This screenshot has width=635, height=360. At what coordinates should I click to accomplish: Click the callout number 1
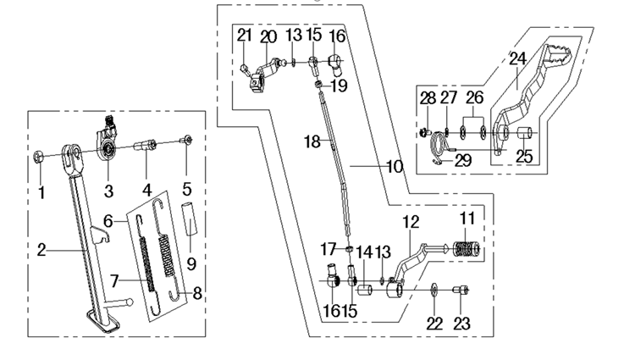tap(41, 193)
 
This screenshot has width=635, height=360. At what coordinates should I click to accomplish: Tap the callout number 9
tap(191, 264)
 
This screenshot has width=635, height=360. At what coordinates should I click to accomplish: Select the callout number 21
tap(244, 36)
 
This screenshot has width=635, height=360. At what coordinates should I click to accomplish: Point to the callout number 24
tap(517, 58)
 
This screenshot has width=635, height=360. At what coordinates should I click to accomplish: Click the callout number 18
tap(312, 141)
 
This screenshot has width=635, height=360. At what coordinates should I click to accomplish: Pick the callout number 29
tap(463, 160)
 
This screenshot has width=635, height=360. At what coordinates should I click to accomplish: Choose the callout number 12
tap(411, 222)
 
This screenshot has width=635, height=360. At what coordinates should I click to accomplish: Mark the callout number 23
tap(461, 324)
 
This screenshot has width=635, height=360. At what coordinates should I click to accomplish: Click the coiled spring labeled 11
tap(466, 249)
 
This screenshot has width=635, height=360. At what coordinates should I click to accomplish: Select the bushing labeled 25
tap(523, 133)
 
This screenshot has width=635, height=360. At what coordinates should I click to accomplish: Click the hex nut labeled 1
tap(37, 156)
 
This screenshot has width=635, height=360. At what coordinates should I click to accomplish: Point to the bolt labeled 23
tap(461, 290)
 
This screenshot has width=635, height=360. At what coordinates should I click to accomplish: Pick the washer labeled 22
tap(434, 290)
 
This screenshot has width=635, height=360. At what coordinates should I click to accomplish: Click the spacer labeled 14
tap(364, 291)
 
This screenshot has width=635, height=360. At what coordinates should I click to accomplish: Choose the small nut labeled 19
tap(318, 84)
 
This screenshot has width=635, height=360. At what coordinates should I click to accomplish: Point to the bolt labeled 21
tap(244, 69)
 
